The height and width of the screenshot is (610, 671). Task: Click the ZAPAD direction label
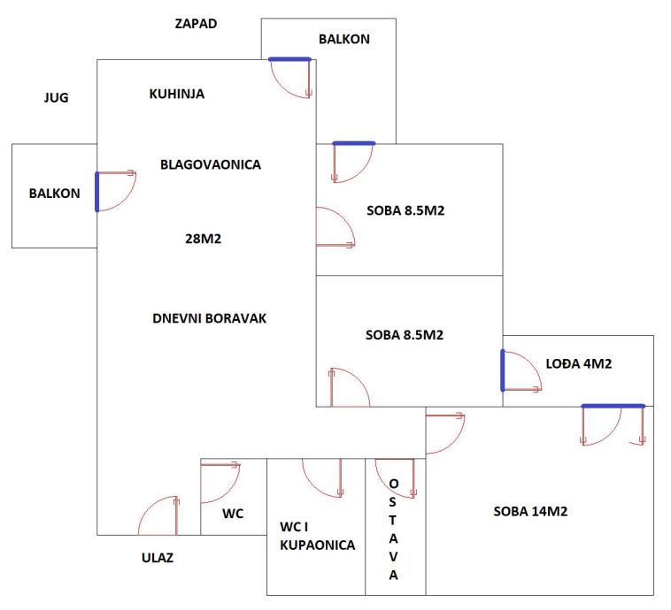[196, 23]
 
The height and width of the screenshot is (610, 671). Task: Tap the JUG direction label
[56, 97]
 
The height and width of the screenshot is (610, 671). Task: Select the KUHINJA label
[177, 94]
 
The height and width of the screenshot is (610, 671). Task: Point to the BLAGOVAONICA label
[211, 164]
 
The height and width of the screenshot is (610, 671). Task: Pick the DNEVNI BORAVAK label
[210, 318]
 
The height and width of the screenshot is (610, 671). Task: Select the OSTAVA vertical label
[394, 530]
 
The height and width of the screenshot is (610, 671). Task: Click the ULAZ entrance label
[158, 558]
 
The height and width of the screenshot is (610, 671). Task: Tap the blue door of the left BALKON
[97, 192]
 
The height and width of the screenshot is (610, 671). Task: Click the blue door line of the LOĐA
[503, 370]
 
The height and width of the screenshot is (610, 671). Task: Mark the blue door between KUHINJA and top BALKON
[289, 59]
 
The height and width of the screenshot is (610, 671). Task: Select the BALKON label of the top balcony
[343, 39]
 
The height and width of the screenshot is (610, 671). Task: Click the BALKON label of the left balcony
[54, 194]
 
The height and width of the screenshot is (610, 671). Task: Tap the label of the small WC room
[233, 514]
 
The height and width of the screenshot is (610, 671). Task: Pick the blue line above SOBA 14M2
[613, 406]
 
